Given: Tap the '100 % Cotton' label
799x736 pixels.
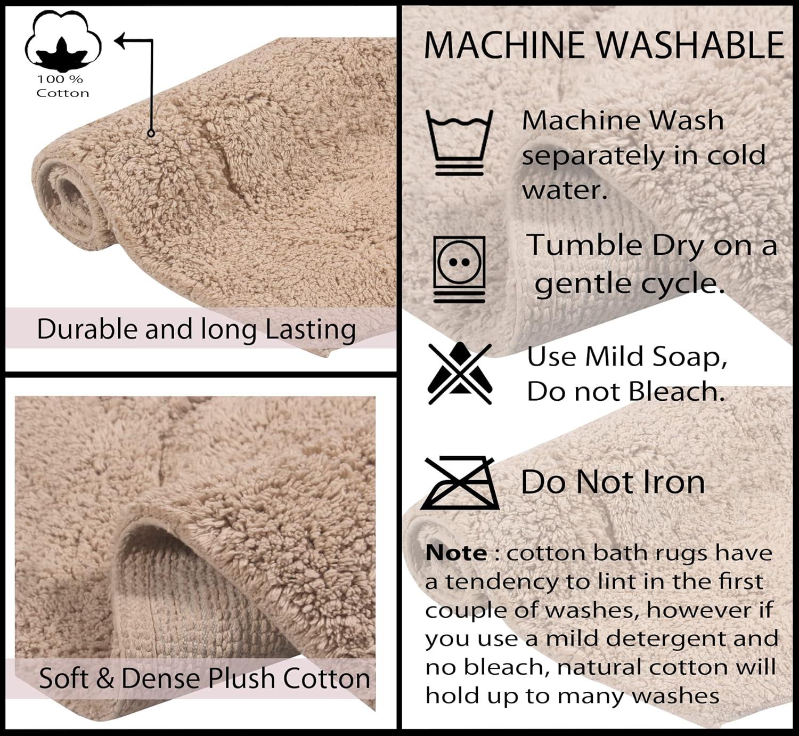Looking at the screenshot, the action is pos(62,86).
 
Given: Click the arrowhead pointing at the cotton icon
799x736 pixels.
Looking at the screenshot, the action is pos(121,41).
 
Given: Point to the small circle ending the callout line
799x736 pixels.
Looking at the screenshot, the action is pos(151,133).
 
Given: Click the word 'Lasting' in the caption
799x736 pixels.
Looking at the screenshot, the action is pos(311,330).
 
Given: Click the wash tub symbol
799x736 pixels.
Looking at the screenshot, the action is pos(459,142).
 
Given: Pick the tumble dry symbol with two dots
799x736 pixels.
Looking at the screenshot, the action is pos(459,269).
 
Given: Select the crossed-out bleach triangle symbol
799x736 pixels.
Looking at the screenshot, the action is pos(459,373).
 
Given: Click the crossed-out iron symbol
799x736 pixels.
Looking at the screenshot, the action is pos(459,482).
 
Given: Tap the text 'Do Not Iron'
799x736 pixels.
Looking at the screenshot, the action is pos(613,482).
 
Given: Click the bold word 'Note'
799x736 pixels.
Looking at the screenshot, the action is pos(456,553).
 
